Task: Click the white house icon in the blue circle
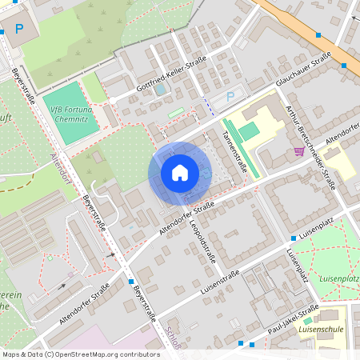(x=179, y=173)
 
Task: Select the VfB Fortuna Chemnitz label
(x=73, y=113)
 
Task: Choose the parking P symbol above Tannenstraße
(x=231, y=97)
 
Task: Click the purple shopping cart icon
(x=298, y=150)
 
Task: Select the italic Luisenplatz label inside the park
(x=338, y=278)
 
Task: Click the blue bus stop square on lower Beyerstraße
(x=130, y=282)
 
